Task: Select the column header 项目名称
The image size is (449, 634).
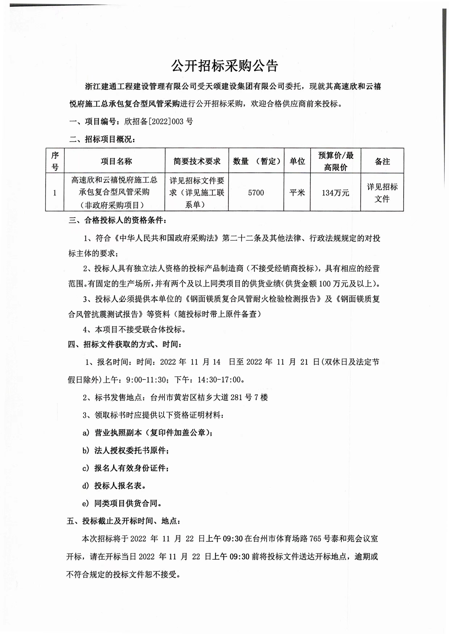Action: coord(116,161)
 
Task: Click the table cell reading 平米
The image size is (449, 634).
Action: coord(297,193)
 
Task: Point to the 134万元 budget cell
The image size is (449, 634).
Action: coord(335,193)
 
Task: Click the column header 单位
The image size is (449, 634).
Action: coord(297,161)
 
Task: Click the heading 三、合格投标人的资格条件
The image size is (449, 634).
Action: coord(117,220)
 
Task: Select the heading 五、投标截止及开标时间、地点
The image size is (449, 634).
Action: coord(124,521)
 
